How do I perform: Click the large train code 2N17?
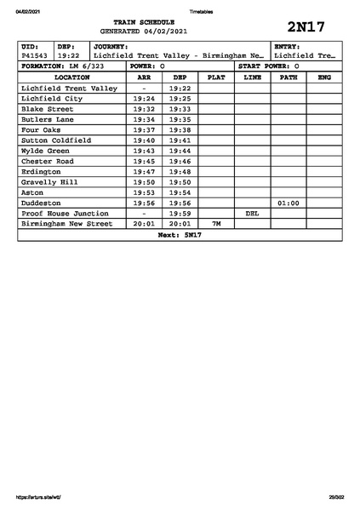coord(307,26)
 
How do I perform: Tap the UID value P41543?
coord(35,55)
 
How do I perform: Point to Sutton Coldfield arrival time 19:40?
coord(144,140)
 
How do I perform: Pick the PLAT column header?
coord(216,77)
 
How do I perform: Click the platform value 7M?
coord(216,224)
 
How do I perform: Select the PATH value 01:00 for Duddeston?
coord(289,203)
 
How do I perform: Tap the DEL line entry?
coord(252,214)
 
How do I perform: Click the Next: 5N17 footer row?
coord(180,234)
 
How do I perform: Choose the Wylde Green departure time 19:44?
coord(180,151)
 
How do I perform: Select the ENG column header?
coord(324,77)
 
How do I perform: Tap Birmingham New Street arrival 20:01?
coord(144,224)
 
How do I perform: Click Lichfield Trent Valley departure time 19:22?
coord(180,88)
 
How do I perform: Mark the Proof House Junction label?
coord(65,214)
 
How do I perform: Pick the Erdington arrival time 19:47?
coord(144,171)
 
